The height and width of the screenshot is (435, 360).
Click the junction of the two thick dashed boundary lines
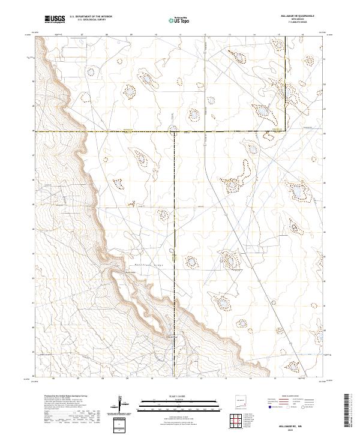tap(175, 131)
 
